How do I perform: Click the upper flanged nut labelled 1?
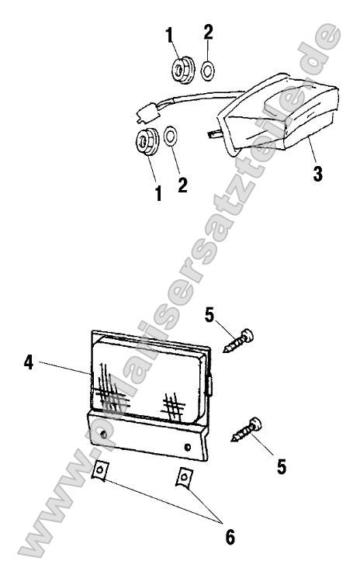tap(183, 69)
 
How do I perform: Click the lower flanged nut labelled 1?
tap(147, 142)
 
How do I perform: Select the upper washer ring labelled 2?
tap(208, 71)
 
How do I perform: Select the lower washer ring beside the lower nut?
tap(170, 136)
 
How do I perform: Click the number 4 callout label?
tap(29, 362)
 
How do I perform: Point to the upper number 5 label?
tap(209, 316)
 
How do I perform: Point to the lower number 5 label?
tap(282, 467)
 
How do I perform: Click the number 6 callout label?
tap(230, 537)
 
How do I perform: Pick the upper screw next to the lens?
tap(239, 341)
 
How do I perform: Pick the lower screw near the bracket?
tap(247, 430)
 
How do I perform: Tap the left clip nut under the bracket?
tap(99, 471)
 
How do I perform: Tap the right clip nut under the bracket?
tap(184, 479)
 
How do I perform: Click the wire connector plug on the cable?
tap(147, 112)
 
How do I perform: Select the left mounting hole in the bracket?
tap(104, 434)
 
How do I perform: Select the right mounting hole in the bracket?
tap(188, 448)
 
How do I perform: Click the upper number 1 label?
tap(169, 35)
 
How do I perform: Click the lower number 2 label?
tap(182, 185)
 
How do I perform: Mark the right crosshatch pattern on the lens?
tap(173, 407)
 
